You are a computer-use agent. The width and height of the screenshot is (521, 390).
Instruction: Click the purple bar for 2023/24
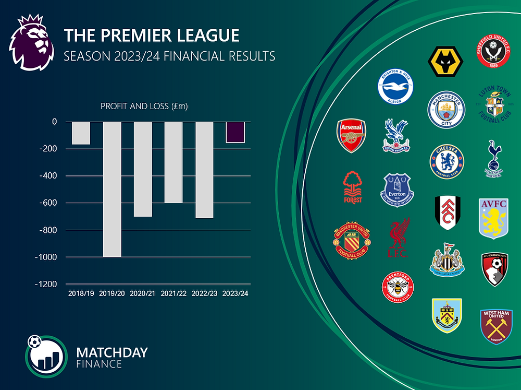(235, 132)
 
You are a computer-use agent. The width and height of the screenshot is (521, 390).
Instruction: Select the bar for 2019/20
(112, 189)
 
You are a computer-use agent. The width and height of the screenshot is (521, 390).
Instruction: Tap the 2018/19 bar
(81, 133)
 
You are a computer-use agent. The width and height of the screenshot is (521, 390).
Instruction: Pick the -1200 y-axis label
(46, 285)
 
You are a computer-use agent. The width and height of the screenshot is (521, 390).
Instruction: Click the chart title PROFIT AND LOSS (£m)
(144, 107)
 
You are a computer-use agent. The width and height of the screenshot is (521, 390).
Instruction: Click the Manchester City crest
(445, 110)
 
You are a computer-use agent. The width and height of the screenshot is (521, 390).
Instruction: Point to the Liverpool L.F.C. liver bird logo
(399, 238)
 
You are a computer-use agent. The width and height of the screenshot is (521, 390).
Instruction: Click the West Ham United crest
(496, 326)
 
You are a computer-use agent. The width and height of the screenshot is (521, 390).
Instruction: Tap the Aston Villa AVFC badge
(493, 218)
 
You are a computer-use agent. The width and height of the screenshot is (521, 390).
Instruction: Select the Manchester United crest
(351, 241)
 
